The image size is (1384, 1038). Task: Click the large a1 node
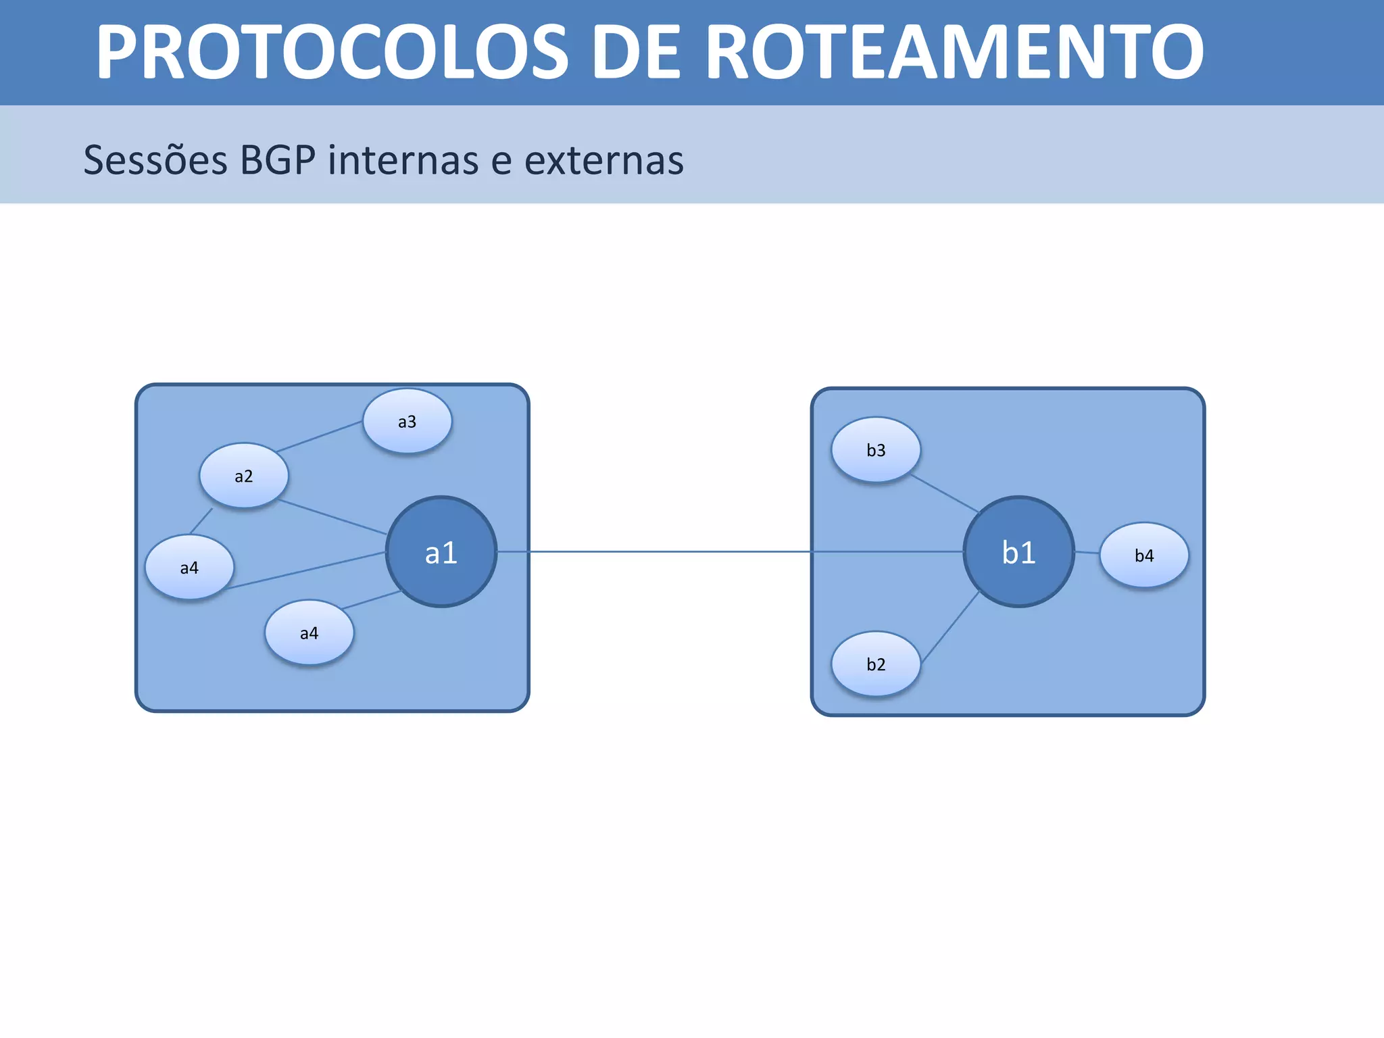pyautogui.click(x=441, y=552)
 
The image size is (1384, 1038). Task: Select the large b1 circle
pyautogui.click(x=1018, y=552)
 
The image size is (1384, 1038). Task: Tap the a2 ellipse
pyautogui.click(x=244, y=476)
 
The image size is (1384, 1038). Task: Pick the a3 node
pyautogui.click(x=407, y=421)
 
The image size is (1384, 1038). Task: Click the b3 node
pyautogui.click(x=876, y=450)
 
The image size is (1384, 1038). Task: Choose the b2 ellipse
pyautogui.click(x=876, y=664)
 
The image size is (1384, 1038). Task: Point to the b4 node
pyautogui.click(x=1144, y=555)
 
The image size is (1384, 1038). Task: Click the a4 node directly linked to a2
pyautogui.click(x=189, y=568)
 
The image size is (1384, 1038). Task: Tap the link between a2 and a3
pyautogui.click(x=319, y=437)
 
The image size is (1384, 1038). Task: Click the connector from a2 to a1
pyautogui.click(x=332, y=517)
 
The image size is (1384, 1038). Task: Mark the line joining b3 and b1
pyautogui.click(x=945, y=493)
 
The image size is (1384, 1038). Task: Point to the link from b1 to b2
pyautogui.click(x=951, y=626)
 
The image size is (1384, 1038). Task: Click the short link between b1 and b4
pyautogui.click(x=1087, y=553)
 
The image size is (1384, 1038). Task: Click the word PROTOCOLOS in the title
pyautogui.click(x=332, y=53)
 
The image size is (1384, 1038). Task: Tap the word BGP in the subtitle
pyautogui.click(x=278, y=160)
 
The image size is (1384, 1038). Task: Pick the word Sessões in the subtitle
pyautogui.click(x=155, y=160)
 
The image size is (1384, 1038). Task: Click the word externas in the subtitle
pyautogui.click(x=604, y=160)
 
